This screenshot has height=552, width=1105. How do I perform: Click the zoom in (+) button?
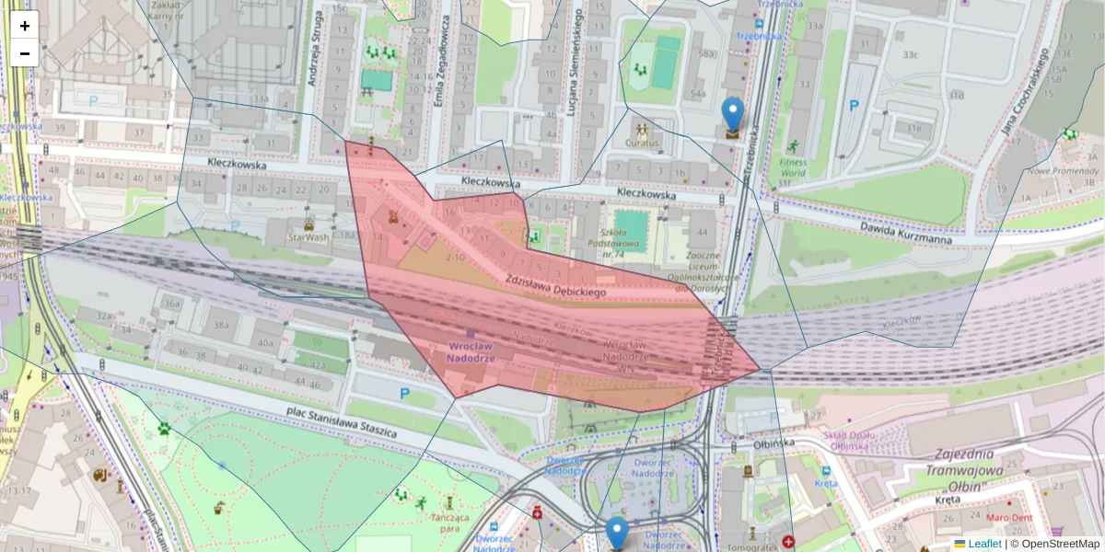25,26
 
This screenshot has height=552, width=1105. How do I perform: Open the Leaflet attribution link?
983,544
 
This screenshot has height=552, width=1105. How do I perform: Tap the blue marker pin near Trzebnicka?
733,115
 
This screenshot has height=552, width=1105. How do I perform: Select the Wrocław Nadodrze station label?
471,351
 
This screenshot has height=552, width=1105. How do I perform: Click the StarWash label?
308,236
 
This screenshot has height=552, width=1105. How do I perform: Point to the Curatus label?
642,143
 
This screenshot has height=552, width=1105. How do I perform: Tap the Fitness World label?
793,167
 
